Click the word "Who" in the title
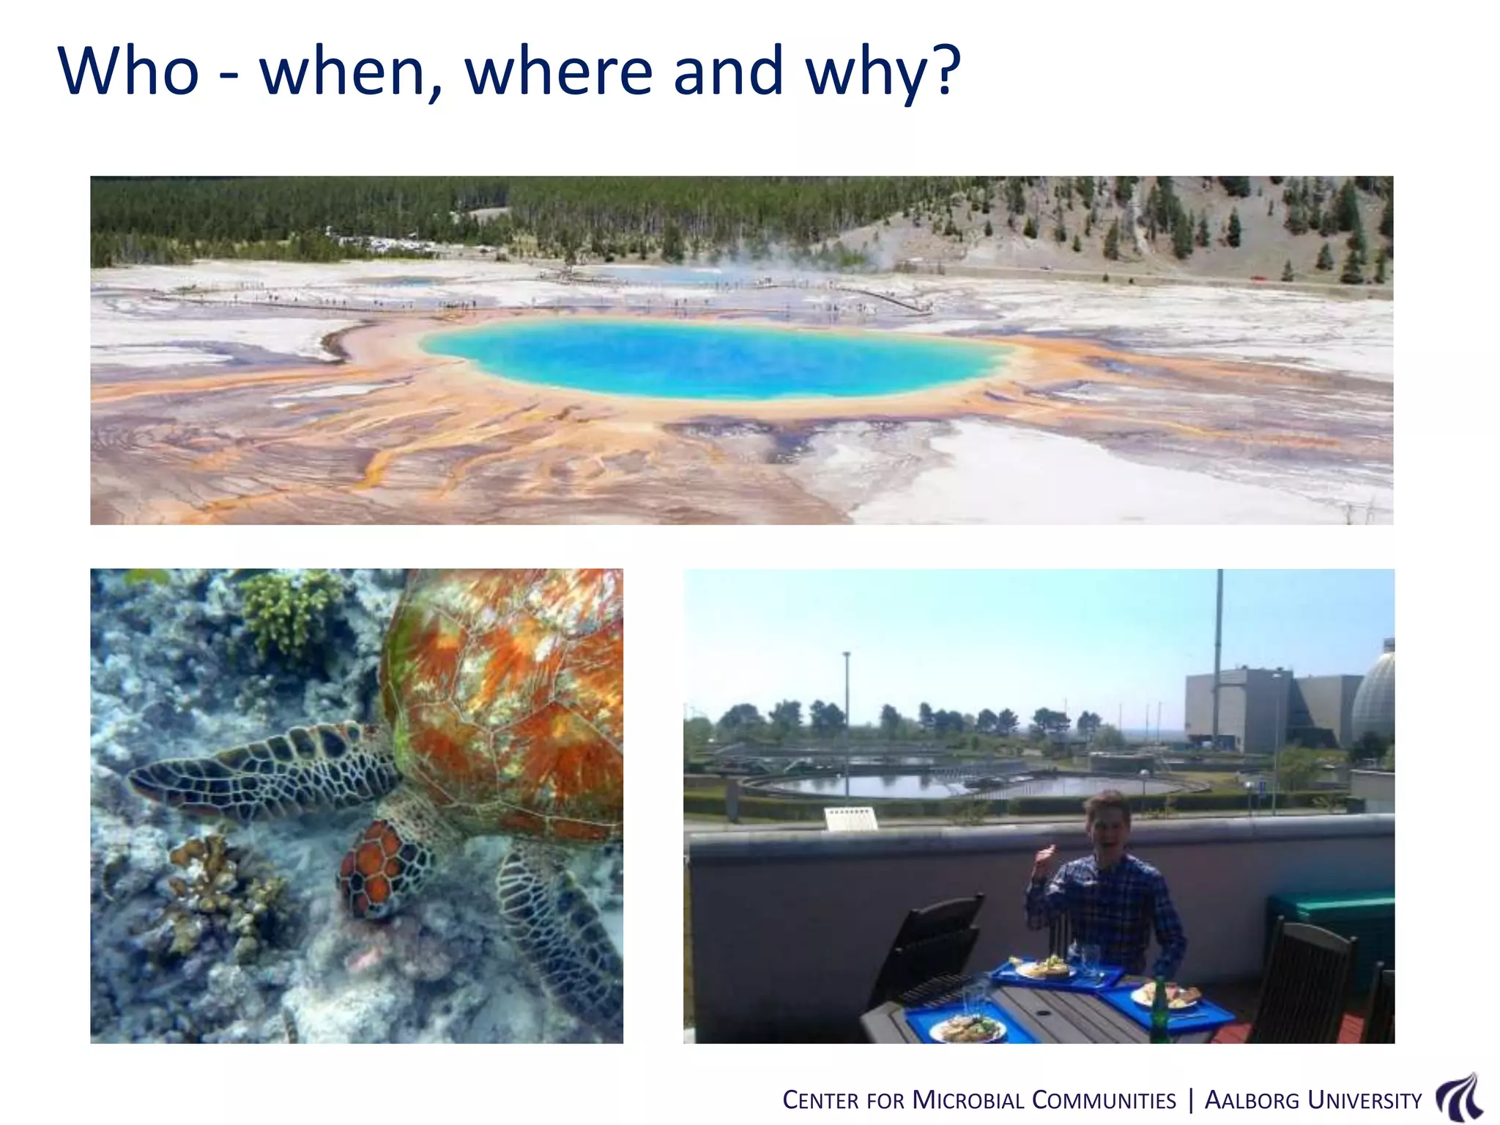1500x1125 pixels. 129,71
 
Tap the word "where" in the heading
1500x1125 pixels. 557,71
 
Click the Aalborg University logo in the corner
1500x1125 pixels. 1460,1099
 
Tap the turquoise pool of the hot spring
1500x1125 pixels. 714,359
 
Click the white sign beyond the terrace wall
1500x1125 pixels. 851,819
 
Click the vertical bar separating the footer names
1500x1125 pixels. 1190,1100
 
